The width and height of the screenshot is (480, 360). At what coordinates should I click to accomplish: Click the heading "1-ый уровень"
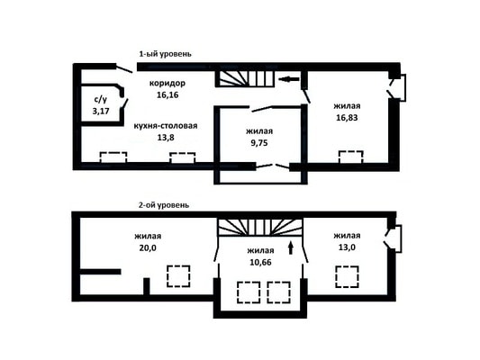[x=166, y=54]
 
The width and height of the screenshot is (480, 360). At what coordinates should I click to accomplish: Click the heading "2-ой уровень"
[x=164, y=205]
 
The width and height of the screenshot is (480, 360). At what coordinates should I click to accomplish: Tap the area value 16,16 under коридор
[x=168, y=95]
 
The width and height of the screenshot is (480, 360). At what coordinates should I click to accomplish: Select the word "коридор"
[x=168, y=83]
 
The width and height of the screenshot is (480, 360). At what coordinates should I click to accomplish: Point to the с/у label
[x=100, y=99]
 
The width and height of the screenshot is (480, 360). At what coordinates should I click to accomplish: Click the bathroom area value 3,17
[x=101, y=111]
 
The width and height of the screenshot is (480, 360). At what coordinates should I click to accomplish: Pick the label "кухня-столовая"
[x=166, y=126]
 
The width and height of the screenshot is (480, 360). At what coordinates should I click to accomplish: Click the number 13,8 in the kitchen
[x=166, y=138]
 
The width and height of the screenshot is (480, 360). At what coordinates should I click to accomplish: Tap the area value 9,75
[x=259, y=143]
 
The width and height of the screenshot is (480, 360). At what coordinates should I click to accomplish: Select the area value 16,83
[x=347, y=118]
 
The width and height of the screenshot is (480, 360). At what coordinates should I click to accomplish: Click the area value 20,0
[x=148, y=247]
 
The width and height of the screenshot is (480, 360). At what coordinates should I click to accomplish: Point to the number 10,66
[x=260, y=263]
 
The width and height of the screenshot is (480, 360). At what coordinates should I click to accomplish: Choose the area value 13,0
[x=347, y=247]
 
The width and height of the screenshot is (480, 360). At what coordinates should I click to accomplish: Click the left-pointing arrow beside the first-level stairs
[x=289, y=79]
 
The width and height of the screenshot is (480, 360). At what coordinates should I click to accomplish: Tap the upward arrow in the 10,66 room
[x=291, y=247]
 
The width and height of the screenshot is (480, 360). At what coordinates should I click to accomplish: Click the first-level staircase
[x=247, y=78]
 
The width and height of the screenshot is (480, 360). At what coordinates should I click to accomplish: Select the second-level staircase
[x=260, y=227]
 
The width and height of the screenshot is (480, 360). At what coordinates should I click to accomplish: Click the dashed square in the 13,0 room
[x=347, y=277]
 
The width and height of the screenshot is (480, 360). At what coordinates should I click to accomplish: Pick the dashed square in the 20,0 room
[x=178, y=276]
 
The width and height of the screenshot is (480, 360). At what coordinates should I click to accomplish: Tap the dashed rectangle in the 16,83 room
[x=351, y=157]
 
